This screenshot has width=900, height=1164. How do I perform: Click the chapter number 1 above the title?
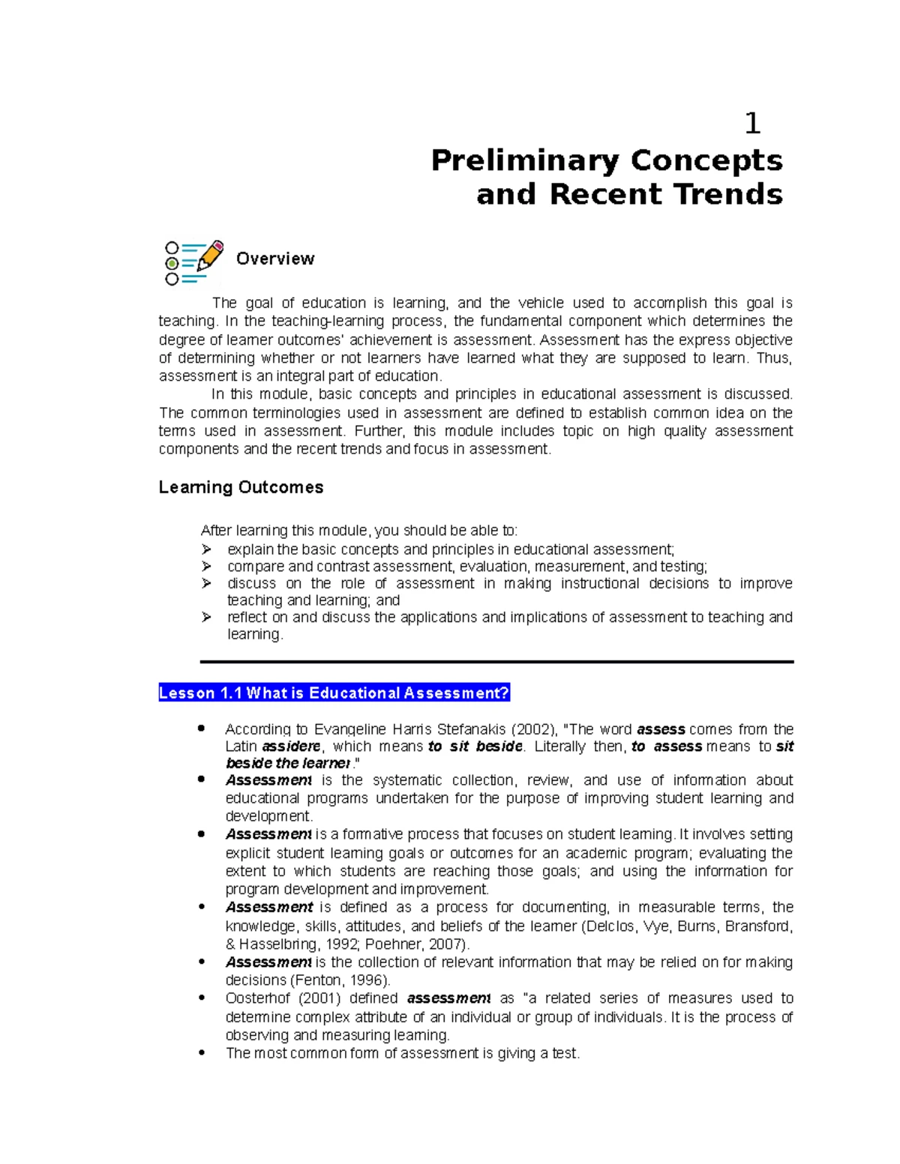753,124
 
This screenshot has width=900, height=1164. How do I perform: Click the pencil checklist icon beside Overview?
194,262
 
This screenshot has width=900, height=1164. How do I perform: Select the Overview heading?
275,259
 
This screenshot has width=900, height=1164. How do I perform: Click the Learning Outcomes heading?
241,487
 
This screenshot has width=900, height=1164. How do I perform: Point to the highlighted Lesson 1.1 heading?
334,693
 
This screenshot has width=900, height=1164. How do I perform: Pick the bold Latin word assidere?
292,747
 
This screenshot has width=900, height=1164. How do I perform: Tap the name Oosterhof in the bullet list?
258,998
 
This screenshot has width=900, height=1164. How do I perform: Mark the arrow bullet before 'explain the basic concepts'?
207,549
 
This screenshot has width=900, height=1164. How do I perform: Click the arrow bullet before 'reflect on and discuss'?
207,617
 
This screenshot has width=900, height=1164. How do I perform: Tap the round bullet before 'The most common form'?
201,1052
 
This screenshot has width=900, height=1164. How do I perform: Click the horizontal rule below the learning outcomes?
496,662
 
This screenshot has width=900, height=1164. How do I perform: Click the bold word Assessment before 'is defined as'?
268,908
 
